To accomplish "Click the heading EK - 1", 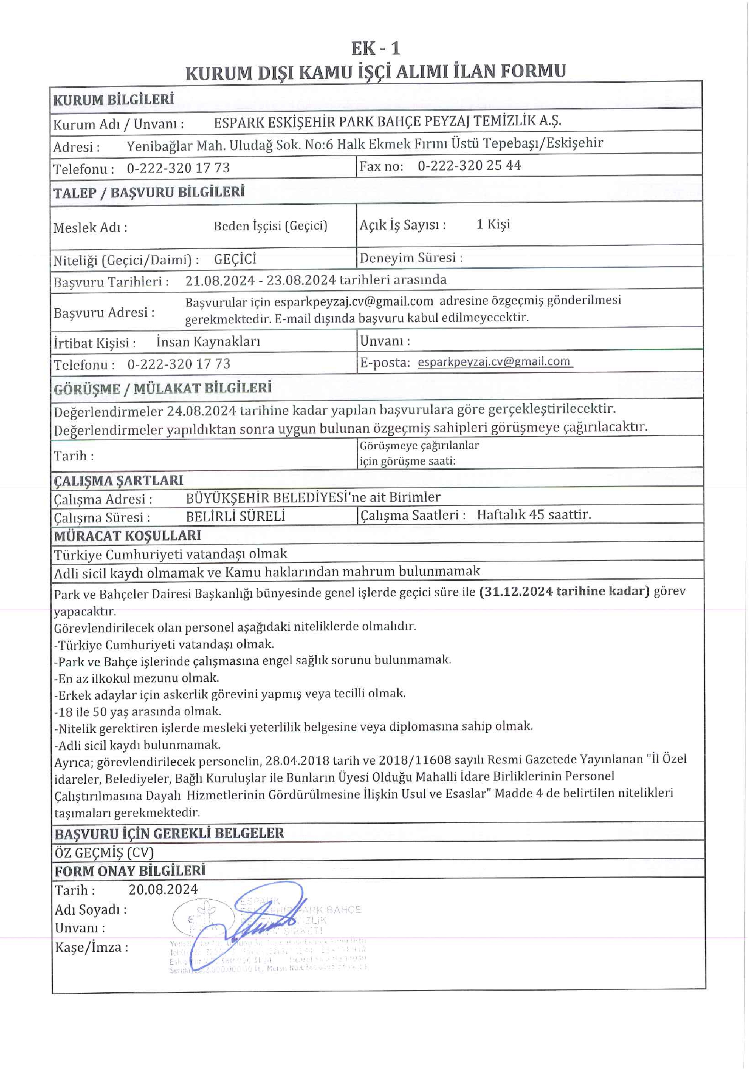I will point(375,48).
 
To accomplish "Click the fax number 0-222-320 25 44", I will point(469,166).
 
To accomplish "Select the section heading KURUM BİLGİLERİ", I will point(113,100).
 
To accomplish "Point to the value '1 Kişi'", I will point(493,224).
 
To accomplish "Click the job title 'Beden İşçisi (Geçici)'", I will point(271,226).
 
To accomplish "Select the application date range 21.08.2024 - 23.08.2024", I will point(261,280).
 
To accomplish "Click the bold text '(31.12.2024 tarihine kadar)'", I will point(564,591).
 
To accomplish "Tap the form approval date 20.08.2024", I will point(163,889).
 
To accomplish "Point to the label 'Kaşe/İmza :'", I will point(91,947).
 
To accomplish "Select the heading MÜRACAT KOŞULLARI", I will point(128,536).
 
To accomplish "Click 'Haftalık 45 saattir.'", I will point(534,515).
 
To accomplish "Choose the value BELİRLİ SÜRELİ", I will point(235,516).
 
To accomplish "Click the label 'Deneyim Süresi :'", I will point(411,258).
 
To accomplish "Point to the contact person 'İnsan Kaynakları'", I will point(208,342).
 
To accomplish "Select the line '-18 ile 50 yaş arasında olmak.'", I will point(138,711).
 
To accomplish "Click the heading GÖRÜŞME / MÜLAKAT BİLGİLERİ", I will point(163,388).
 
